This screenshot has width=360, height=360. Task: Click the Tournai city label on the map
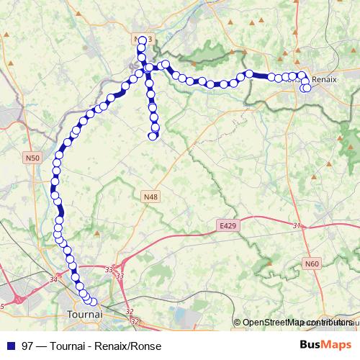coord(84,315)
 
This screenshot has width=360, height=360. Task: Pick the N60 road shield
coord(312,264)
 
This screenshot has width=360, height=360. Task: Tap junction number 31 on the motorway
coord(296,225)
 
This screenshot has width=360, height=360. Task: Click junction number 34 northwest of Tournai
coord(53,279)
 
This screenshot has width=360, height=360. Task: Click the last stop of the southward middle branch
coord(153,135)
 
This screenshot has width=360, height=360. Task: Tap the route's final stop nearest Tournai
coord(93,302)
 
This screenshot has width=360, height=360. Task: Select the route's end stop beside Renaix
coord(307,89)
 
